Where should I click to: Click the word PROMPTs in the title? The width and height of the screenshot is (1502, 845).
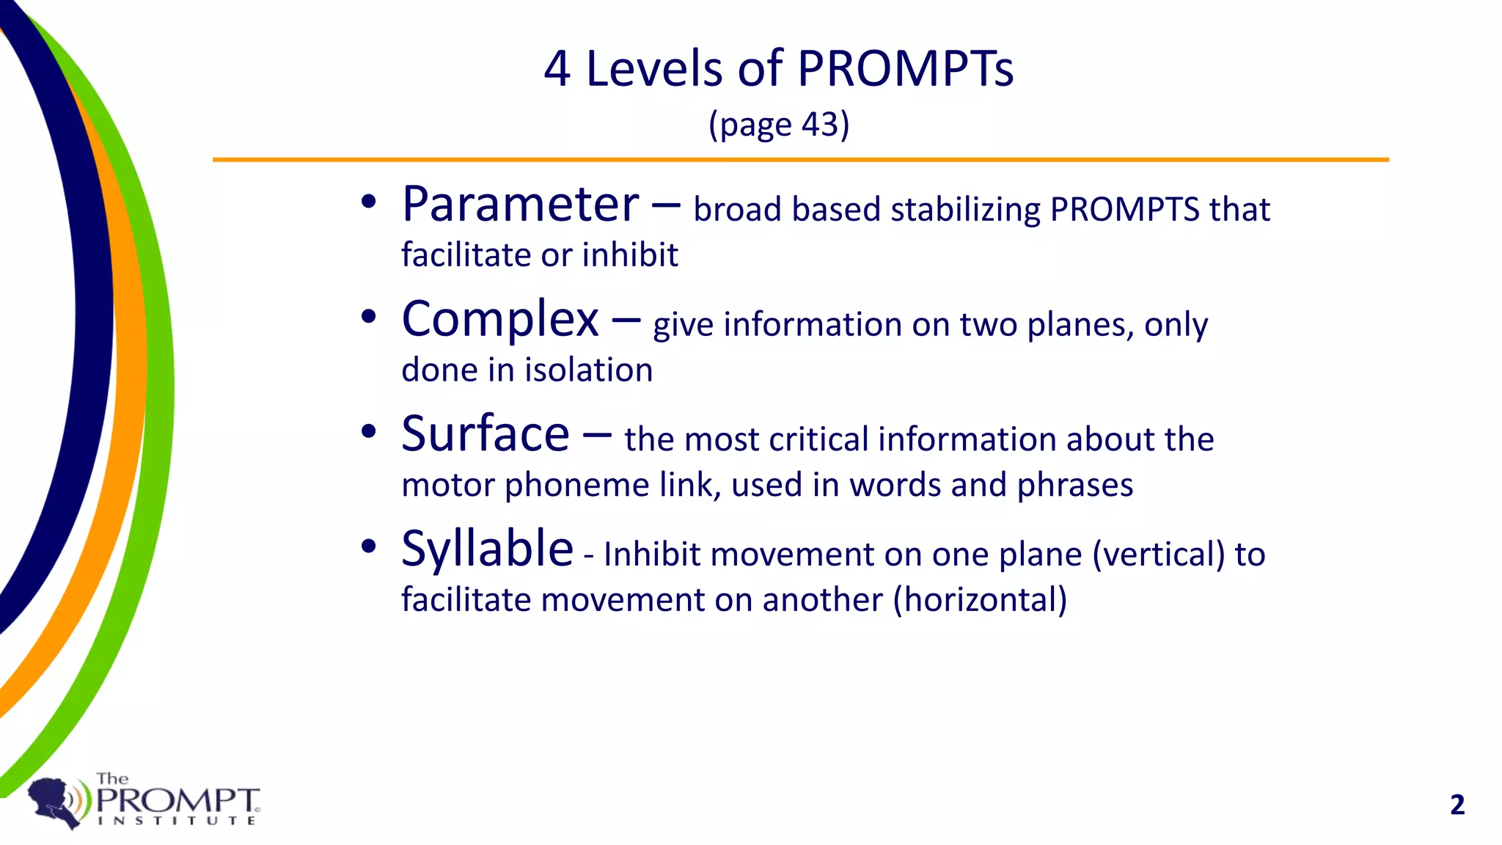(905, 69)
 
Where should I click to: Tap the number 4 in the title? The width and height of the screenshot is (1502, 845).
(557, 69)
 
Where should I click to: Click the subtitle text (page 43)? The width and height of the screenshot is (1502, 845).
(779, 125)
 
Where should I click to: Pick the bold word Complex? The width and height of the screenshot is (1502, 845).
(500, 320)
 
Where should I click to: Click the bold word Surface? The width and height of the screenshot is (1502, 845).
(486, 434)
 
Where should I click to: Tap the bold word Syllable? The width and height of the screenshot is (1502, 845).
(487, 549)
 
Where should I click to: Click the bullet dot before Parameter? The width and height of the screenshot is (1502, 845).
(369, 202)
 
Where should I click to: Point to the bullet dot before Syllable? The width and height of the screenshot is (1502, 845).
(369, 546)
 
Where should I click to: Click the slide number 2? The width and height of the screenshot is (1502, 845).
(1457, 805)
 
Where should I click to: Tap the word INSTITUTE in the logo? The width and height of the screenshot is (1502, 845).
(177, 821)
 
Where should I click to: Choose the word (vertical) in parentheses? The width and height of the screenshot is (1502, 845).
(1159, 555)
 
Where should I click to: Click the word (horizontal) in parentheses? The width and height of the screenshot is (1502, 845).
(980, 600)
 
